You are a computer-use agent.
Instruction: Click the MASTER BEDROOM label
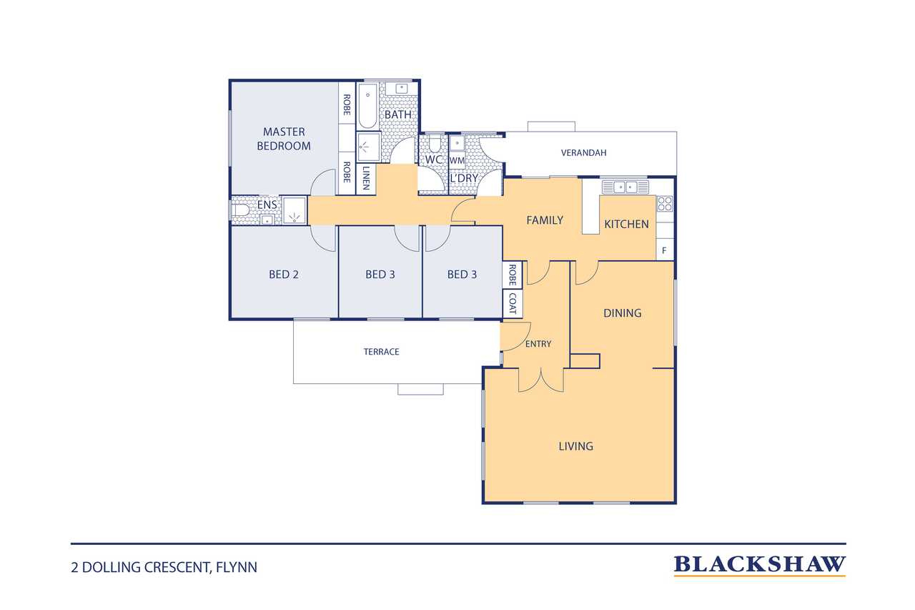tap(284, 139)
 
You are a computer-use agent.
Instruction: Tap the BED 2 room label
tap(284, 274)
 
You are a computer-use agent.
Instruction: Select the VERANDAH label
tap(583, 153)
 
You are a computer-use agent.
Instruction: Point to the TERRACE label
tap(381, 352)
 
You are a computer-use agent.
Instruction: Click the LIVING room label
tap(575, 446)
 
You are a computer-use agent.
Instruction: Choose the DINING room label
tap(622, 313)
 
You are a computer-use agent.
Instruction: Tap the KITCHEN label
tap(626, 224)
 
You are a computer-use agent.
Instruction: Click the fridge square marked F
tap(664, 250)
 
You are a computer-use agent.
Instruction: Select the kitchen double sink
tap(625, 187)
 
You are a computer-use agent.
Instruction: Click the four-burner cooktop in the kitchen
tap(665, 204)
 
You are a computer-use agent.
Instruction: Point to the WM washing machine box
tap(457, 161)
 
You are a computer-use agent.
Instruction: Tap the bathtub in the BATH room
tap(368, 106)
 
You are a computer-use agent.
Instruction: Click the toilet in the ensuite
tap(241, 210)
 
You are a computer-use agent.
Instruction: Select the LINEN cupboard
tap(365, 178)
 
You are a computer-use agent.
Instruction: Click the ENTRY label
tap(538, 344)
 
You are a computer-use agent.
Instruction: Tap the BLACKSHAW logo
tap(759, 565)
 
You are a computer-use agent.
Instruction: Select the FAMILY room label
tap(545, 220)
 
